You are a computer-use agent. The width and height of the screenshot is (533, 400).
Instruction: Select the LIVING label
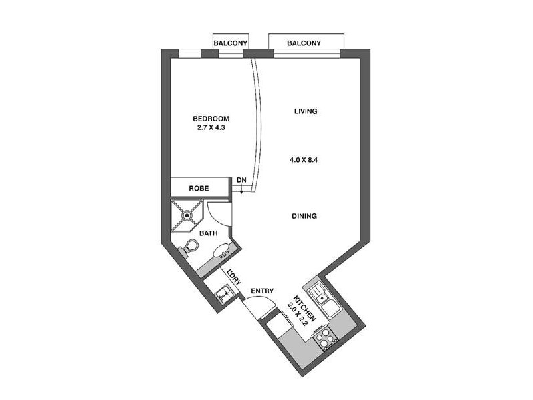(x=305, y=111)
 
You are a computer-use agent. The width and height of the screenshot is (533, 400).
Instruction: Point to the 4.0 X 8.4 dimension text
(x=304, y=159)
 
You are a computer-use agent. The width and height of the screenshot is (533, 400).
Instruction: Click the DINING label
(x=304, y=216)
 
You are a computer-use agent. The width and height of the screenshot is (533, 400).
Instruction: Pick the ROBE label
(x=199, y=189)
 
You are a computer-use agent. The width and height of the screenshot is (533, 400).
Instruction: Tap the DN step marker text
(x=241, y=181)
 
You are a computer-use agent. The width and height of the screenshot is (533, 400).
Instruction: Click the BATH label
(x=209, y=233)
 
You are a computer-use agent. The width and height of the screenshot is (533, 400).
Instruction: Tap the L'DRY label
(x=233, y=277)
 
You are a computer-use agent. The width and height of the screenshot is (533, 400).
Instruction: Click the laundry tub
(x=223, y=293)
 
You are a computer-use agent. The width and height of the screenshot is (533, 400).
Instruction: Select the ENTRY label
(x=262, y=291)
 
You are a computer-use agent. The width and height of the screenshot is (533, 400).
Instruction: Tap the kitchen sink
(x=323, y=296)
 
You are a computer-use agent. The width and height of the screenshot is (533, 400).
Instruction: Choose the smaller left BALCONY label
(x=230, y=44)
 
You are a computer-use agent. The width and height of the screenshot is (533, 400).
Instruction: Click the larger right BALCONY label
(x=304, y=43)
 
